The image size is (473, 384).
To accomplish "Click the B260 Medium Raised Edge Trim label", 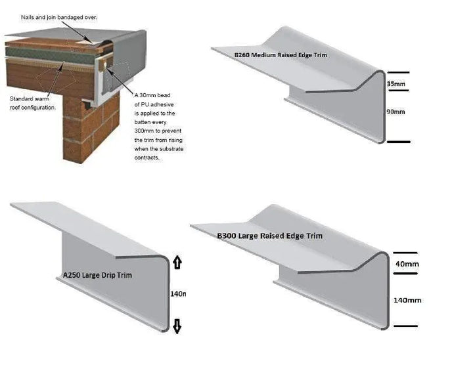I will pyautogui.click(x=281, y=55).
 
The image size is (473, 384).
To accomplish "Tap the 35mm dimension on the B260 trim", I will pyautogui.click(x=396, y=85).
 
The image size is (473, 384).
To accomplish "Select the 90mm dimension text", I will pyautogui.click(x=396, y=112).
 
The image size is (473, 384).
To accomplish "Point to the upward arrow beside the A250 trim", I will pyautogui.click(x=177, y=263).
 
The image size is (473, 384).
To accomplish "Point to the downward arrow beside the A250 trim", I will pyautogui.click(x=177, y=326).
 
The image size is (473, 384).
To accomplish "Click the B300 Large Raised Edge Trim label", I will pyautogui.click(x=269, y=235).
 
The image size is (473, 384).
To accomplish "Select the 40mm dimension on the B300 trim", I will pyautogui.click(x=407, y=264).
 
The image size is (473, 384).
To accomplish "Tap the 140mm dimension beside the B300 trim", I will pyautogui.click(x=407, y=300).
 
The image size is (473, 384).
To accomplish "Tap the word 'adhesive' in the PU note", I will pyautogui.click(x=162, y=113).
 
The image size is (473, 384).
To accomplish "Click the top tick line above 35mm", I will pyautogui.click(x=398, y=72).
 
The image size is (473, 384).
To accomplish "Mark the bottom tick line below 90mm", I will pyautogui.click(x=398, y=141).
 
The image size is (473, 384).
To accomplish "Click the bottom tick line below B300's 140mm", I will pyautogui.click(x=405, y=325).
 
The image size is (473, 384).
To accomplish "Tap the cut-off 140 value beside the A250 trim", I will pyautogui.click(x=178, y=294).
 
